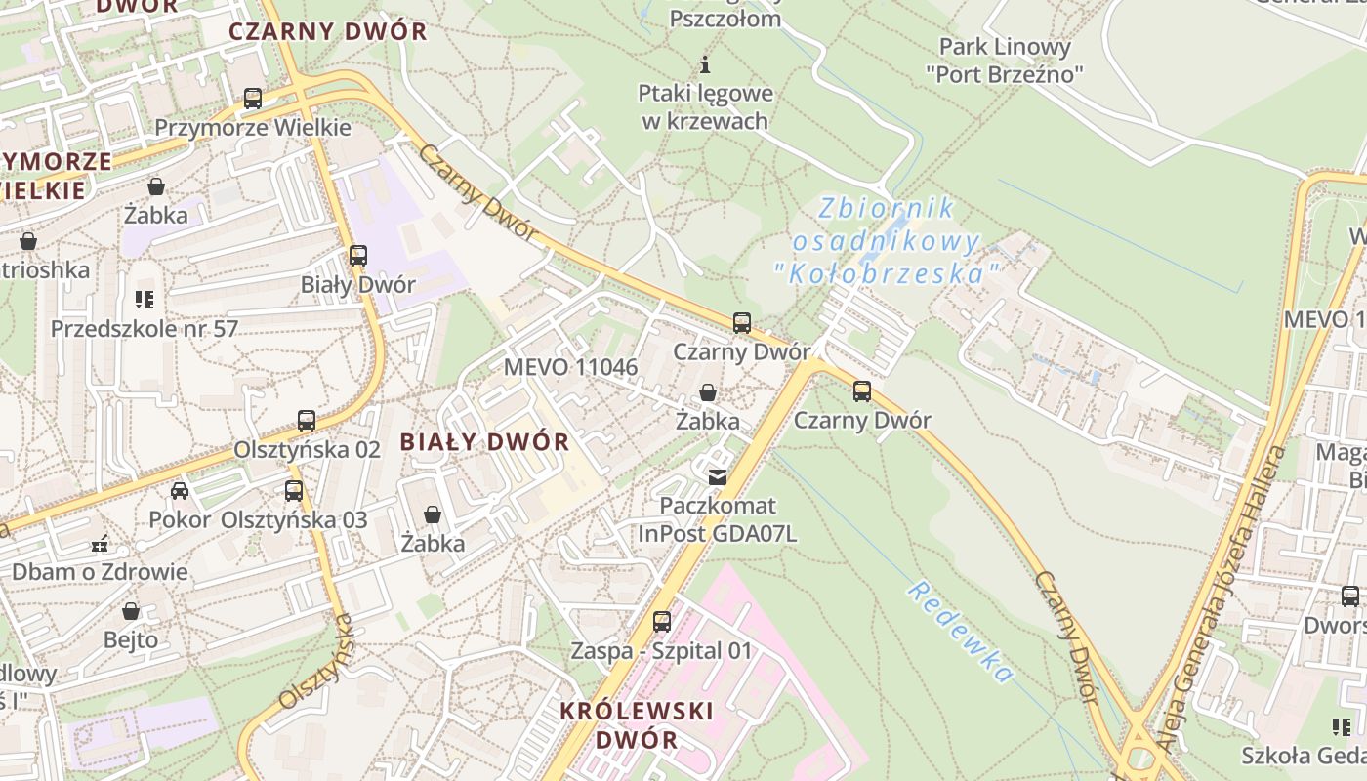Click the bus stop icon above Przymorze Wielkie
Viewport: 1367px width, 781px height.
coord(253,99)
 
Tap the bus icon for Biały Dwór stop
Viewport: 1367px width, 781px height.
coord(358,256)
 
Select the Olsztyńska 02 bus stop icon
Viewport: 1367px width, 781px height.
coord(307,421)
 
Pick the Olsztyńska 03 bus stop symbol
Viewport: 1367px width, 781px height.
coord(294,491)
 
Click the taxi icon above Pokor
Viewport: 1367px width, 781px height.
coord(180,491)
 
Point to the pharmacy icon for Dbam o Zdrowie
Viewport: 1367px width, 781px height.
coord(99,543)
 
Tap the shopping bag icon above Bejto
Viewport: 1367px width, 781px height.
coord(131,612)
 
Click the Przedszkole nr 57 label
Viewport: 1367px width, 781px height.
coord(145,328)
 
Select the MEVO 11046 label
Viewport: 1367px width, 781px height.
coord(570,367)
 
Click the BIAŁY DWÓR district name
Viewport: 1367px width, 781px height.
coord(484,441)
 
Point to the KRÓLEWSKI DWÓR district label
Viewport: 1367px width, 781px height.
coord(637,724)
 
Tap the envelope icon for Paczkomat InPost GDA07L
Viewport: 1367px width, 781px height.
coord(718,477)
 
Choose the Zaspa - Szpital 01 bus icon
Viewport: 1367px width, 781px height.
coord(662,622)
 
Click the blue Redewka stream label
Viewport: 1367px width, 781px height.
coord(959,631)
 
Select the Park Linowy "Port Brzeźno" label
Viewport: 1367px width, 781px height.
coord(1005,60)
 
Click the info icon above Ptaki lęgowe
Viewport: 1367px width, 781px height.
coord(705,65)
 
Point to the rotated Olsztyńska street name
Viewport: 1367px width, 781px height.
coord(315,662)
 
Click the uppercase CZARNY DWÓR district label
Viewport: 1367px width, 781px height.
coord(328,31)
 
